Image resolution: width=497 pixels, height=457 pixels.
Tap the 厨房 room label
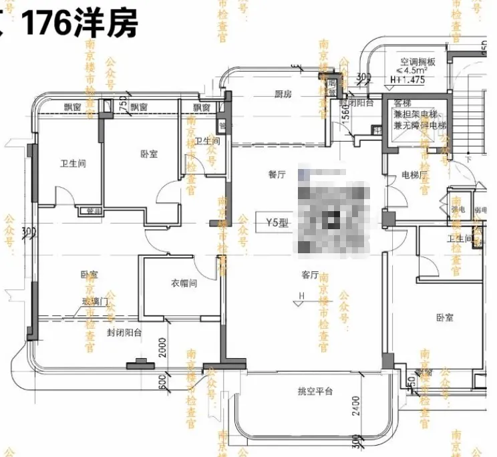click(x=283, y=94)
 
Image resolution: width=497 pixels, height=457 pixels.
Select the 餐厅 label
click(x=277, y=175)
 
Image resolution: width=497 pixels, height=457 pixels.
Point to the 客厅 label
click(x=309, y=275)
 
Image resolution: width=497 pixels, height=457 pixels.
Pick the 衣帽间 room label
click(x=181, y=283)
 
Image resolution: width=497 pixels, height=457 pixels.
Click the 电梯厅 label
click(x=413, y=175)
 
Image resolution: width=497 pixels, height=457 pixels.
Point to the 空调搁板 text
click(x=418, y=61)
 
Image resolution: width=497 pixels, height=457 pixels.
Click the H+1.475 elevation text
click(x=407, y=80)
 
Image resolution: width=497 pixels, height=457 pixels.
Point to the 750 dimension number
click(x=122, y=105)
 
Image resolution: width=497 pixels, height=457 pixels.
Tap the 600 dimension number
click(x=162, y=383)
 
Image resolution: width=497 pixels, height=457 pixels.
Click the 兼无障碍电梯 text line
click(x=420, y=125)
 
